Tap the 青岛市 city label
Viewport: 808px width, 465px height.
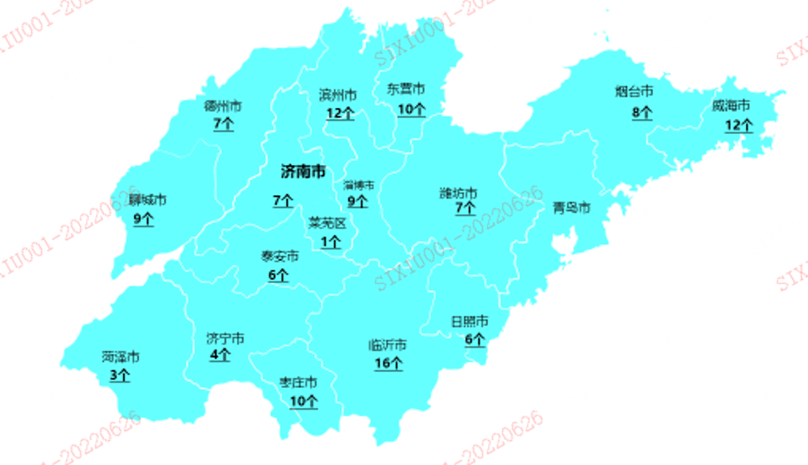coord(572,208)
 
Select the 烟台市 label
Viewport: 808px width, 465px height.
coord(634,91)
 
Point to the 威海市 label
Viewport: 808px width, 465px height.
coord(731,106)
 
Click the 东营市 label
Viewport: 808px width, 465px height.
coord(406,89)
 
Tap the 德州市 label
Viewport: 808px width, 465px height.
coord(223,106)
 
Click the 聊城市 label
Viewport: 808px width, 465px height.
coord(147,200)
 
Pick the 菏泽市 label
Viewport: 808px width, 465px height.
coord(121,357)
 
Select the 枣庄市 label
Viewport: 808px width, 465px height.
coord(298,383)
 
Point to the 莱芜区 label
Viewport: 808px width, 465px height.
coord(327,224)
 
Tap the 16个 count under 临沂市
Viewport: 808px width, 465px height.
coord(389,364)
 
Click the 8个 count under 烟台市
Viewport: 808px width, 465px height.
coord(641,111)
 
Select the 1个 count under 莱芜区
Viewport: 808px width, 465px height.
coord(331,242)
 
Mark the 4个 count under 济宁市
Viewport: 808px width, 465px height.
coord(220,355)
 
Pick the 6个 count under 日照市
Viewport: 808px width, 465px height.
coord(475,339)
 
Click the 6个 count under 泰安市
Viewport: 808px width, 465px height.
coord(279,274)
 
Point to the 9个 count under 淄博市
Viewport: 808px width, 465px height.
coord(358,201)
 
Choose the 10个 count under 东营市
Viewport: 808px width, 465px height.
coord(411,109)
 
